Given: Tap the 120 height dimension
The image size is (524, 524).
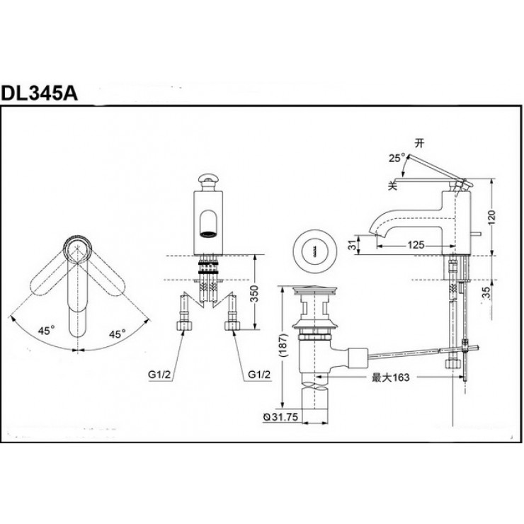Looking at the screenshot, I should [501, 212].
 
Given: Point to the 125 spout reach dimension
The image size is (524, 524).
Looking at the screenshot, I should [416, 244].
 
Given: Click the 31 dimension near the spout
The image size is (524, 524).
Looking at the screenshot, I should [349, 245].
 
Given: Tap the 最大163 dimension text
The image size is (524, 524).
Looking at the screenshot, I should [390, 378].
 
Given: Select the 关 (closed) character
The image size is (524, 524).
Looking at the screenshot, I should [391, 183].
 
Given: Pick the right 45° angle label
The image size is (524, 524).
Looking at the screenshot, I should [117, 333].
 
